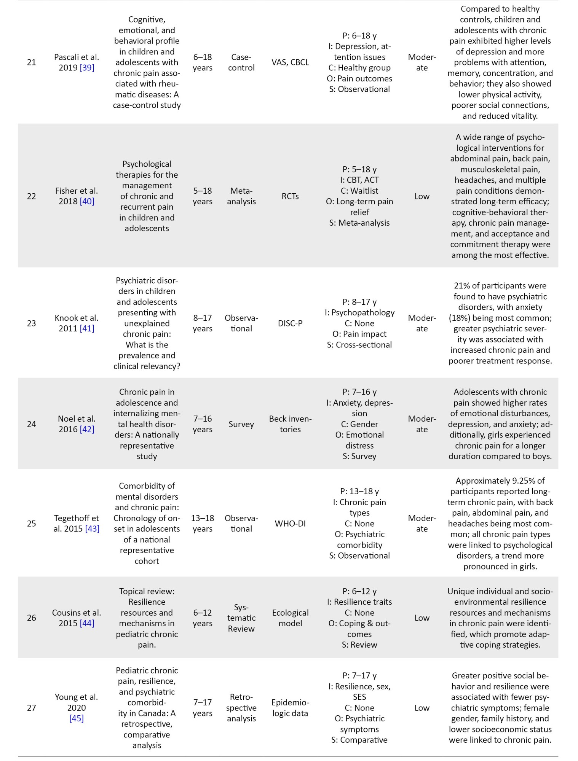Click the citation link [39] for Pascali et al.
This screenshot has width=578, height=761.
(x=87, y=68)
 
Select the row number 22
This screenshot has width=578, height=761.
(x=32, y=196)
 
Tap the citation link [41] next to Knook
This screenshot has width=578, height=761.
(x=87, y=328)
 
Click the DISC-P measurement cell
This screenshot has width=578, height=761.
(x=290, y=323)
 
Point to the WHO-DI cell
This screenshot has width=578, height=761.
(x=290, y=524)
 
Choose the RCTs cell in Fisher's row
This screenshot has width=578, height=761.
(x=290, y=196)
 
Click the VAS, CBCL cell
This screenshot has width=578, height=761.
(x=290, y=62)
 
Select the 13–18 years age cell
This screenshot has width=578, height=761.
(x=203, y=524)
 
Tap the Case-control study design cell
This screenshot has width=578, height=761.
(x=241, y=62)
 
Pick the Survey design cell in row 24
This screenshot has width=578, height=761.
(x=241, y=424)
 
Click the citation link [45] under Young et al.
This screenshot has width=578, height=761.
(x=77, y=718)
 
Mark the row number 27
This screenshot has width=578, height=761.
(x=32, y=708)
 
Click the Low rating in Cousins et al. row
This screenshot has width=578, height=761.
(x=422, y=618)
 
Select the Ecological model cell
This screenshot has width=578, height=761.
(x=290, y=618)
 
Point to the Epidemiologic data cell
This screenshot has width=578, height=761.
(x=290, y=708)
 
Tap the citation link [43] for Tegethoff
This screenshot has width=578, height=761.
(x=92, y=529)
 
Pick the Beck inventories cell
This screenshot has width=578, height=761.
(x=290, y=424)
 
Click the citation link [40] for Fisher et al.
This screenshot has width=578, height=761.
(x=87, y=202)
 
